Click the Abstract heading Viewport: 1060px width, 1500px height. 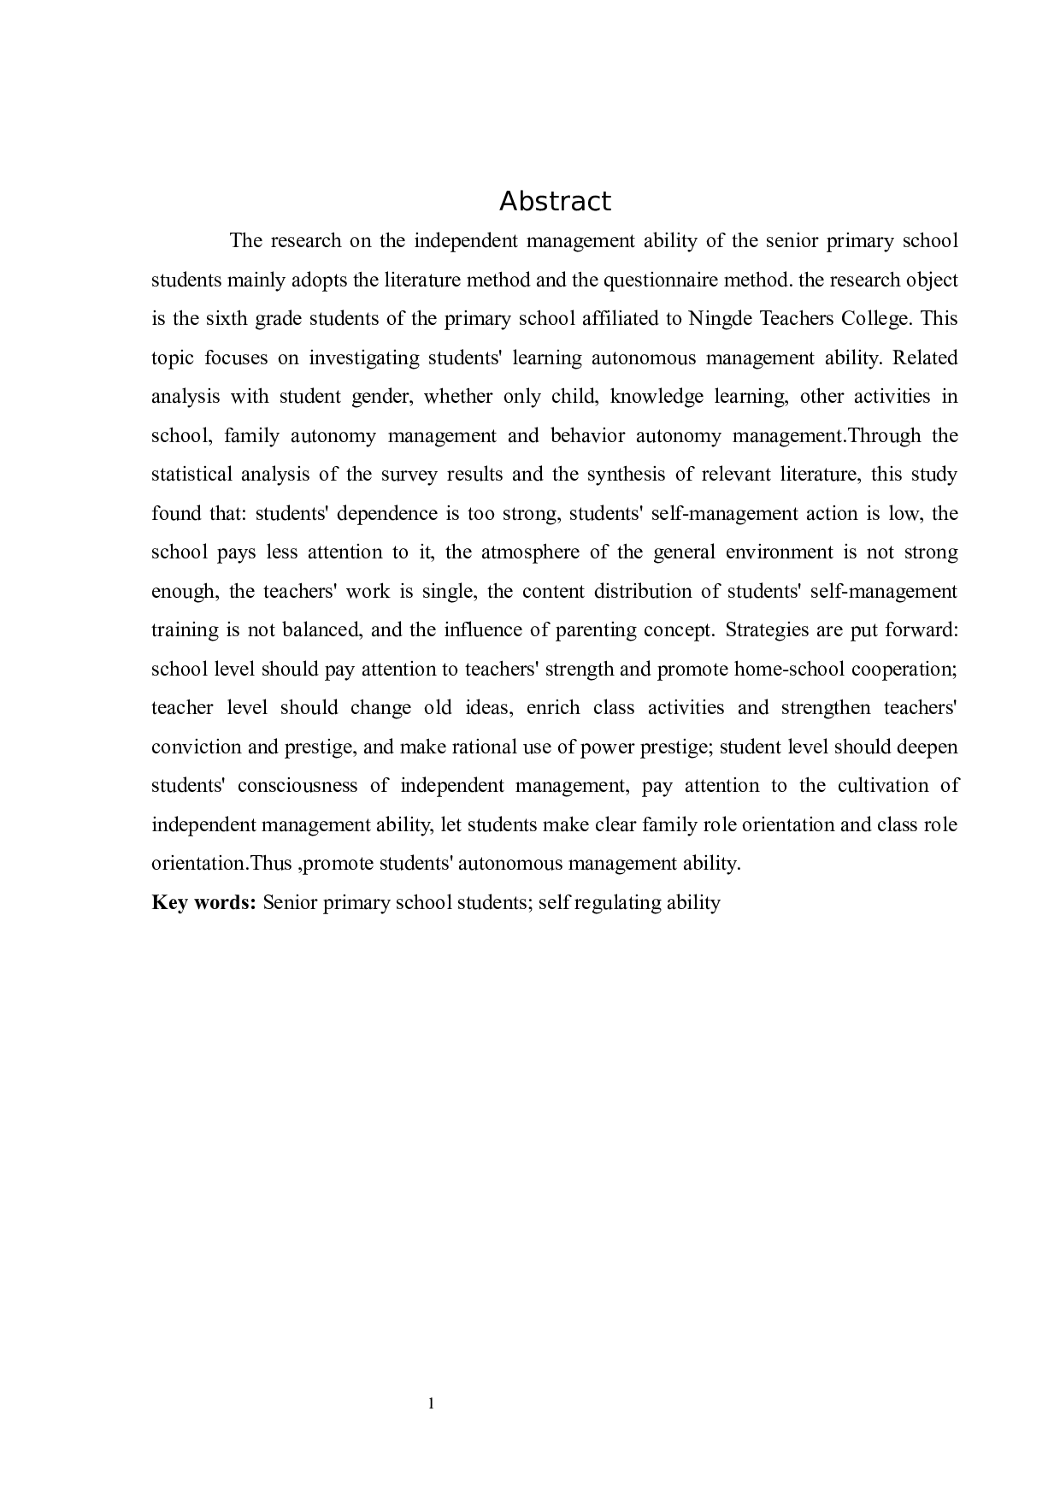click(x=555, y=202)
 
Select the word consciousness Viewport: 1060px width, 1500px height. click(x=297, y=786)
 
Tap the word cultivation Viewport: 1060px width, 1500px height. click(x=882, y=786)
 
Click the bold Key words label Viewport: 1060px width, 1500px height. click(x=203, y=903)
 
